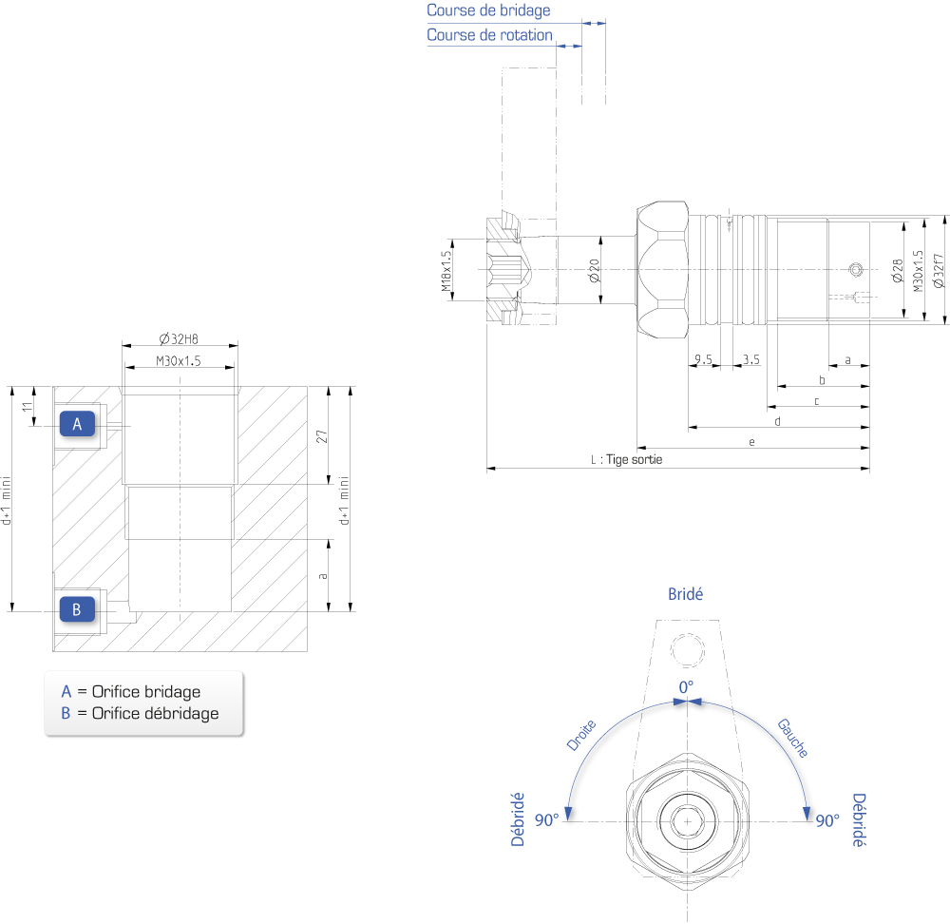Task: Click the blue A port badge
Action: [77, 424]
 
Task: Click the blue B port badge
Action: [77, 609]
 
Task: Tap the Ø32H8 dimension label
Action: [179, 339]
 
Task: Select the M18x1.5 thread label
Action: [446, 271]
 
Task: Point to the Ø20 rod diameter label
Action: [595, 270]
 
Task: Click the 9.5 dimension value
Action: [703, 359]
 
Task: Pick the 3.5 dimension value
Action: [751, 359]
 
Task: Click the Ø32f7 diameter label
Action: [939, 270]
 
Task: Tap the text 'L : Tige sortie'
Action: [626, 459]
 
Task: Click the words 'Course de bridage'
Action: [488, 10]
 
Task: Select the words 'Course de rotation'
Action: [489, 35]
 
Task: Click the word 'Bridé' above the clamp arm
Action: [685, 594]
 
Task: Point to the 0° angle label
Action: [686, 687]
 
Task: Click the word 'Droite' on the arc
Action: [581, 735]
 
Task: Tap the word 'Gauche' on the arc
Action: [793, 738]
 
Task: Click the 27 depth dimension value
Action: [322, 436]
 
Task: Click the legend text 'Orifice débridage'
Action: [155, 713]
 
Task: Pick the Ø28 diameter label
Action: [898, 270]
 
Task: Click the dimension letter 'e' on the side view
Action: [751, 442]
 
